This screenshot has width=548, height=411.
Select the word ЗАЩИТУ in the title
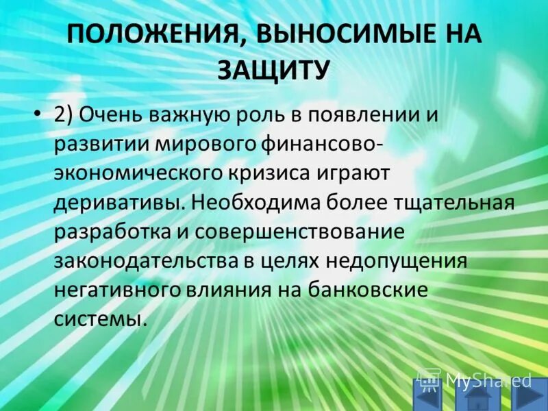tap(274, 69)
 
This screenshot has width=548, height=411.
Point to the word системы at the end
tap(100, 319)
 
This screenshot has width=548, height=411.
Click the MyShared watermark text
tap(487, 379)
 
